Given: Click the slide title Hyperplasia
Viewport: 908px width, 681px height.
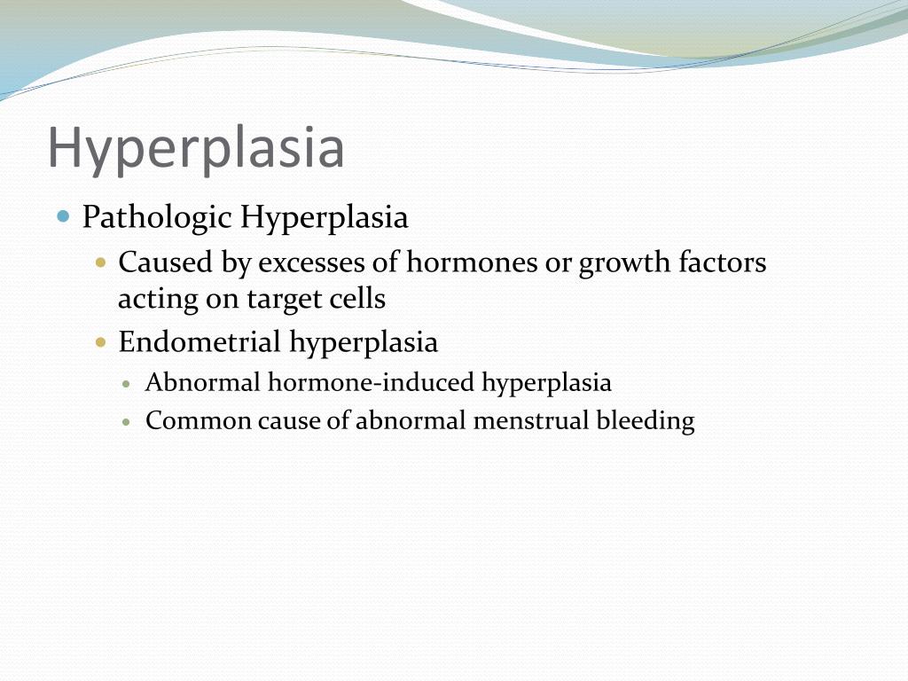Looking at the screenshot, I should pyautogui.click(x=196, y=148).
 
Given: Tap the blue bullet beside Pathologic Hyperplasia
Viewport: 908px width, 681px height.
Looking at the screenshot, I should pyautogui.click(x=63, y=216).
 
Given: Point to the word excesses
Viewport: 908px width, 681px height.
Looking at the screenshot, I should pyautogui.click(x=322, y=262).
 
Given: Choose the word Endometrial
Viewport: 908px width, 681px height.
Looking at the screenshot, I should pyautogui.click(x=200, y=341).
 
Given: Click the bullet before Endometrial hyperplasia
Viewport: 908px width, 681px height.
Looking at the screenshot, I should pyautogui.click(x=101, y=341).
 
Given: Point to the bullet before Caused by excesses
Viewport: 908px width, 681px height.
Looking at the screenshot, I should pyautogui.click(x=101, y=262).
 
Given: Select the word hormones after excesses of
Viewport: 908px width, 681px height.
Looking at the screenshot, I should pyautogui.click(x=472, y=262).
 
